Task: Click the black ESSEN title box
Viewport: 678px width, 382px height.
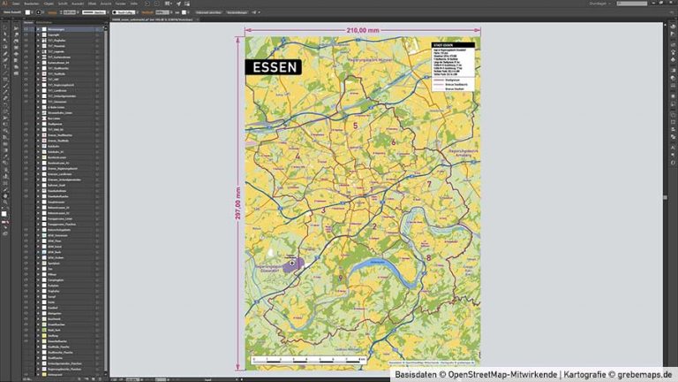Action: tap(274, 66)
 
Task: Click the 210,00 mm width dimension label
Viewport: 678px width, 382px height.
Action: tap(363, 30)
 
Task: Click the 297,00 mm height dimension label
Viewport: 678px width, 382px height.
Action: tap(237, 209)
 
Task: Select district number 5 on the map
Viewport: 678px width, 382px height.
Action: tap(355, 126)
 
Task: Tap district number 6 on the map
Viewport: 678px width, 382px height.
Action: tap(393, 141)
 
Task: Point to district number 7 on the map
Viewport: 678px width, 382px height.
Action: tap(429, 184)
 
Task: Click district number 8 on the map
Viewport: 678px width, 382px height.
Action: tap(429, 257)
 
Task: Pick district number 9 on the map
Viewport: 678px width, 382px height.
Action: tap(340, 279)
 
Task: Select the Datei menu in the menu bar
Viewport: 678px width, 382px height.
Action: tap(17, 4)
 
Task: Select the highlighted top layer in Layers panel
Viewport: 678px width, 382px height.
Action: tap(66, 29)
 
